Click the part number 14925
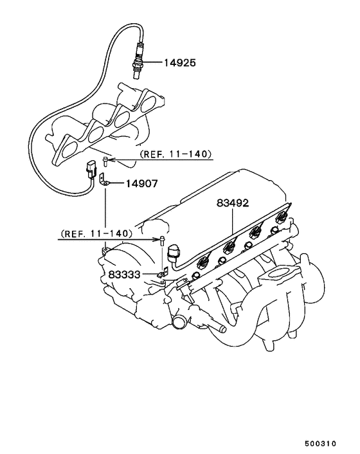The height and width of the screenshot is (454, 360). pos(180,62)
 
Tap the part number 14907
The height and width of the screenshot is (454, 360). pos(142,183)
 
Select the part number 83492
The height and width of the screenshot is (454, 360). pos(233,203)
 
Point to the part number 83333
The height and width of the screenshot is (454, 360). pos(124,275)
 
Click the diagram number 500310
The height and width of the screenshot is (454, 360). pos(320,444)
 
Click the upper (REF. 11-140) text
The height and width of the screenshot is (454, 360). pos(175,154)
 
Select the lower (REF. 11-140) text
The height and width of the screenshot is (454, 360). pos(96,233)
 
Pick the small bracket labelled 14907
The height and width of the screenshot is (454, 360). pos(104,179)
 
